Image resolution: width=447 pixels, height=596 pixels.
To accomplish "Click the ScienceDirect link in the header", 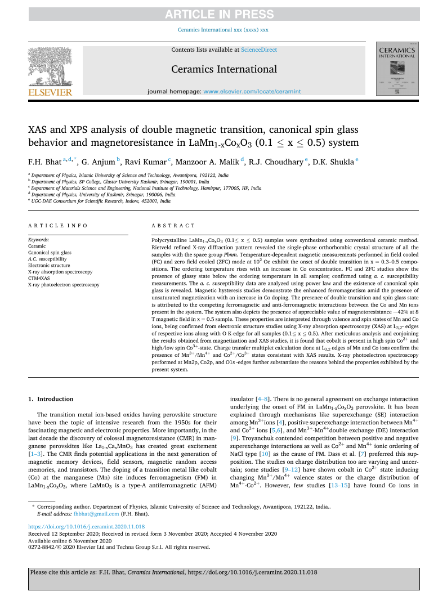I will click(x=259, y=50).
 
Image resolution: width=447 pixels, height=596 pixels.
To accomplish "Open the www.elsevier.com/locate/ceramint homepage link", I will click(x=252, y=91).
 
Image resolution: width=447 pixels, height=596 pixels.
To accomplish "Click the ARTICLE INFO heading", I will click(x=57, y=225).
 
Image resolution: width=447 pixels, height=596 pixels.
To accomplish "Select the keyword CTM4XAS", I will click(x=41, y=279).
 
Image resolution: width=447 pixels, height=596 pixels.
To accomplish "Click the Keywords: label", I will click(x=38, y=239).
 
